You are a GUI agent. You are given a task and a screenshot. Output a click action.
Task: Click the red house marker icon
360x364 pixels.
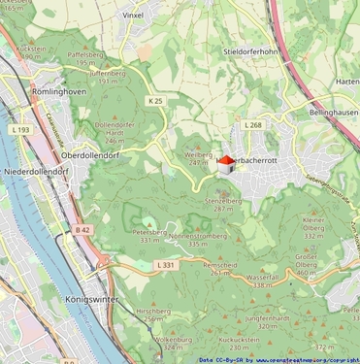(226, 163)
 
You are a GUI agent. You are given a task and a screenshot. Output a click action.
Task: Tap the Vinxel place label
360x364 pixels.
(133, 16)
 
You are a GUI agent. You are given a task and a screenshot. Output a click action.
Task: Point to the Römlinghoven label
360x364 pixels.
(59, 90)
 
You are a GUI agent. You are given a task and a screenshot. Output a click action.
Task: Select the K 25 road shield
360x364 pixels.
(155, 100)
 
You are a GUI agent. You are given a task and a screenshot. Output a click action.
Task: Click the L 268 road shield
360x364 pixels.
(253, 124)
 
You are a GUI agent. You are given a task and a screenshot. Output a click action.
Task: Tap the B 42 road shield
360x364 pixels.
(82, 230)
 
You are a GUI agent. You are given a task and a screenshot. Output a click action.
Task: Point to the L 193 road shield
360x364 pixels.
(21, 128)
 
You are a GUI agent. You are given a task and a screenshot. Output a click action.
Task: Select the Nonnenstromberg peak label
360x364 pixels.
(198, 236)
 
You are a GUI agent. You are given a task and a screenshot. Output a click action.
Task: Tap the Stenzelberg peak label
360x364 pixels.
(223, 200)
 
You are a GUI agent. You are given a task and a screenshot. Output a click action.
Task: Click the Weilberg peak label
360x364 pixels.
(198, 154)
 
